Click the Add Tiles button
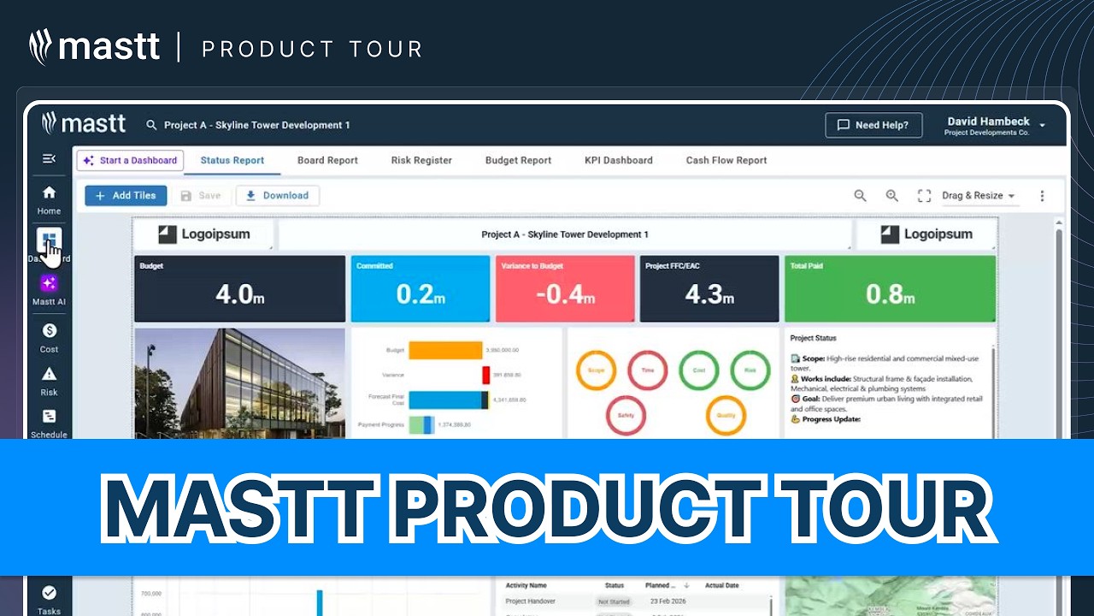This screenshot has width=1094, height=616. [x=126, y=195]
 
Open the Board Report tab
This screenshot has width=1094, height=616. [x=327, y=160]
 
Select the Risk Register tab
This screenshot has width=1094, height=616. [x=421, y=160]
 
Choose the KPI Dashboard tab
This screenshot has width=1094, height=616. [x=618, y=160]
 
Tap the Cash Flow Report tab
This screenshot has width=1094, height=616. [x=726, y=160]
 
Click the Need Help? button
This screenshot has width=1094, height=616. [x=873, y=125]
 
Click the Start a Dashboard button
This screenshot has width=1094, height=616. [x=130, y=160]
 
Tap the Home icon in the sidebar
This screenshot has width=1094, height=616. [x=49, y=193]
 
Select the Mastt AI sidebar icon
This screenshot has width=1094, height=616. [x=49, y=283]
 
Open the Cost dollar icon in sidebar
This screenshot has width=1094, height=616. [x=49, y=330]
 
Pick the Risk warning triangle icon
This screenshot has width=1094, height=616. [x=49, y=374]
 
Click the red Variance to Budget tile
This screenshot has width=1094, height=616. [x=565, y=288]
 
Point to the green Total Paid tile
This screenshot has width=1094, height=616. [x=890, y=288]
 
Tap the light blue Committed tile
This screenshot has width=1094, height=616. [x=420, y=288]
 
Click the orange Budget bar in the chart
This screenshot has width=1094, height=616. [x=445, y=350]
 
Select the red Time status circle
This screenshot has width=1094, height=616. [x=647, y=370]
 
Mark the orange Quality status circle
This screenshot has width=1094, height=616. [x=725, y=416]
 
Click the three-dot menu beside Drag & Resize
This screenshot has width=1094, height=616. [x=1042, y=196]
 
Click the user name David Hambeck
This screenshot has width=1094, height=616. [x=988, y=121]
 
